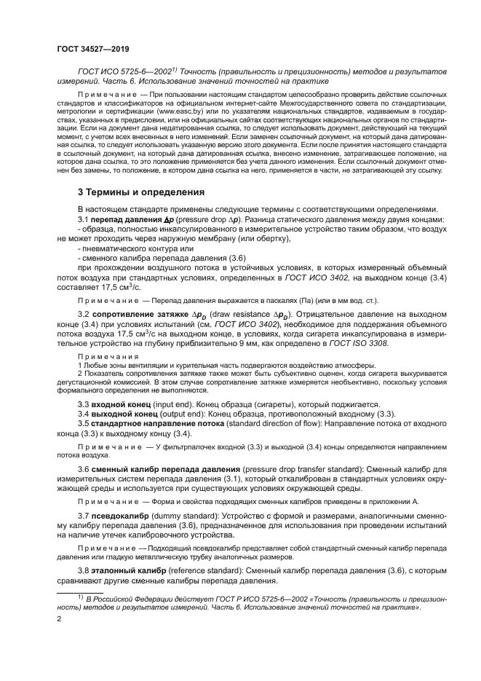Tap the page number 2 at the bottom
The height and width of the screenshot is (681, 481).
tap(59, 618)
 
